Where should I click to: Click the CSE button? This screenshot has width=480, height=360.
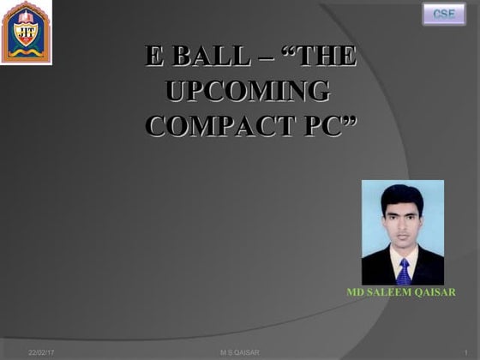click(x=443, y=15)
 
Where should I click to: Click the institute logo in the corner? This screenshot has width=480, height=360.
click(x=26, y=33)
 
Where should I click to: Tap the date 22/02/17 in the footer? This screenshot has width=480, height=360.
click(x=40, y=352)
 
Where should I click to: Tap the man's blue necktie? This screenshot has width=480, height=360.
click(x=403, y=271)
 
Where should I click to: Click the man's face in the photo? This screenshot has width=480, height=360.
click(x=402, y=225)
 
